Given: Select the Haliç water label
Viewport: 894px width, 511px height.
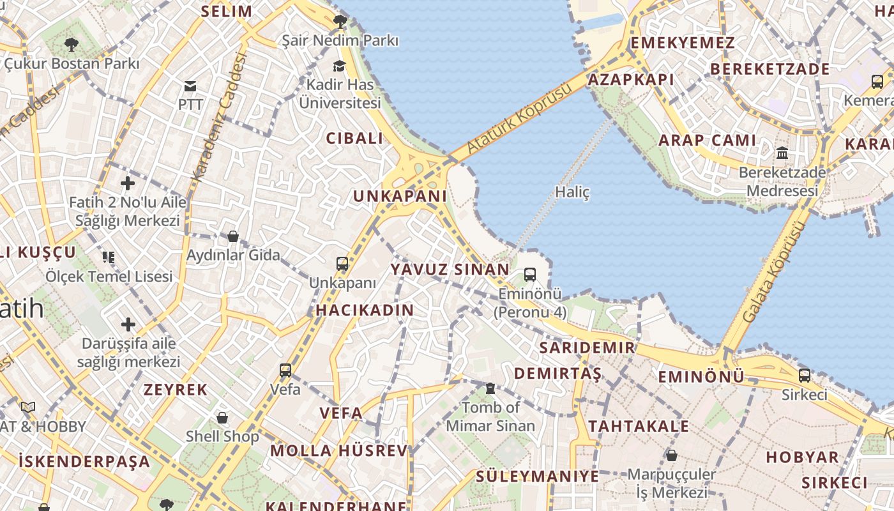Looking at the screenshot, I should click(572, 192).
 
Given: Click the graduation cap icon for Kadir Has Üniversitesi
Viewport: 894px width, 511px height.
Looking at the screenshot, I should click(339, 66).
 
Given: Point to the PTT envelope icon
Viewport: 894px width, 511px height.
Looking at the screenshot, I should click(190, 86).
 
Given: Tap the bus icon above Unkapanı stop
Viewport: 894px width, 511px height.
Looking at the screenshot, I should click(342, 263).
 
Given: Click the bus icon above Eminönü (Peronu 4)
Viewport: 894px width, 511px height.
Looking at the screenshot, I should click(530, 275).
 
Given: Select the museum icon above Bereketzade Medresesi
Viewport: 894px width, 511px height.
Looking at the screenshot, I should click(782, 153).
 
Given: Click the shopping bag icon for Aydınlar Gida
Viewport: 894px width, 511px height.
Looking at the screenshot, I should click(233, 236).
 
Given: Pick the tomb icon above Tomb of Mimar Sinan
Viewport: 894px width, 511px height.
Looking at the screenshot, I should click(490, 388).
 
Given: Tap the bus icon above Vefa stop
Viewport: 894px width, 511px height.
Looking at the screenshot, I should click(285, 370).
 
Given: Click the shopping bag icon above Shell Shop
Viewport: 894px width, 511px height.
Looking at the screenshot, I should click(222, 418).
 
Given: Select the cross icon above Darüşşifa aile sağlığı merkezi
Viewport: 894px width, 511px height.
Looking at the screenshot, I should click(128, 324).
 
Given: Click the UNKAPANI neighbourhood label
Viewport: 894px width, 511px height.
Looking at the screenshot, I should click(400, 196).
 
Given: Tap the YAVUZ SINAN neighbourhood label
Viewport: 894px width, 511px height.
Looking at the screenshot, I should click(450, 270).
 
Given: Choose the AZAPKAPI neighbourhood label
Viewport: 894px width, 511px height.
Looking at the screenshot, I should click(631, 79).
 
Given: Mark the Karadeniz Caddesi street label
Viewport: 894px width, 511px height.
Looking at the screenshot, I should click(220, 116).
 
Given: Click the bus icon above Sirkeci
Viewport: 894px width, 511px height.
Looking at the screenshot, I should click(805, 376).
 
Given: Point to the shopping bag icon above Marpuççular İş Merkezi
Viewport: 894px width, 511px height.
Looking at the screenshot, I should click(671, 455).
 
